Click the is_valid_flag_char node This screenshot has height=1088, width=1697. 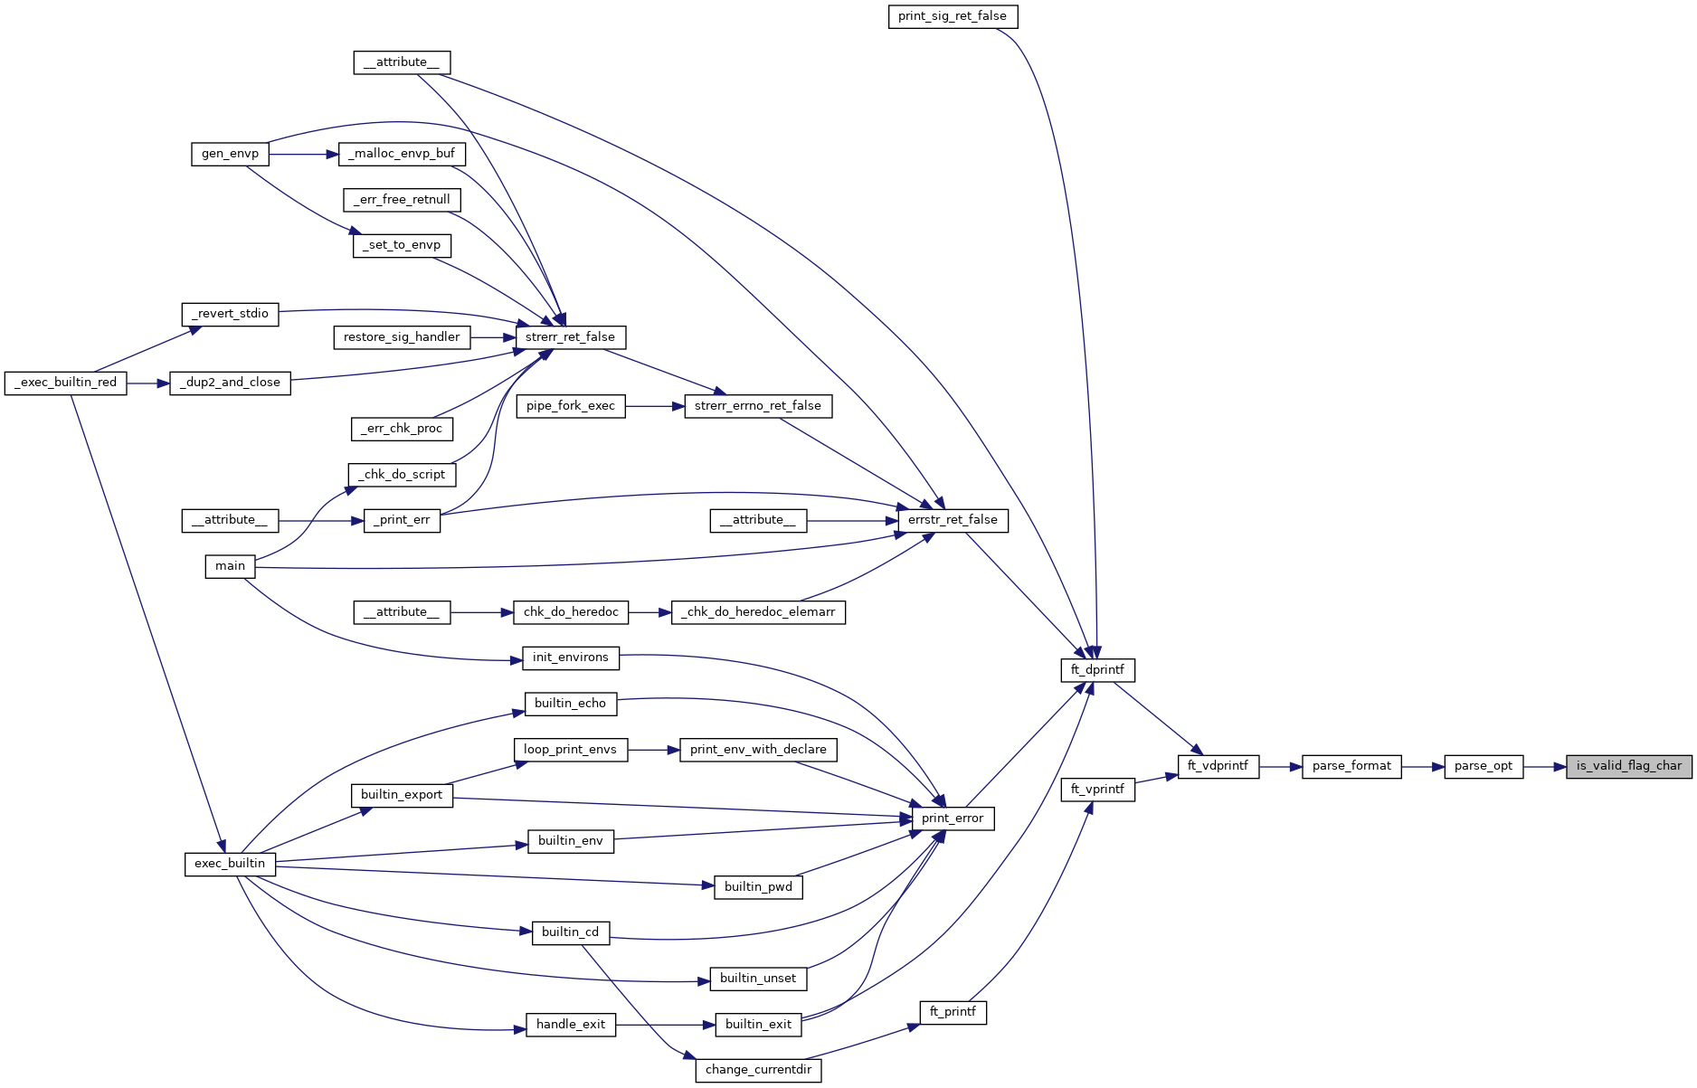[x=1628, y=766]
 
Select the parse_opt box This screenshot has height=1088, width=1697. [x=1483, y=766]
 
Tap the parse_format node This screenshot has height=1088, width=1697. [x=1351, y=766]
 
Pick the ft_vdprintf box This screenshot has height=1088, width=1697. [x=1218, y=766]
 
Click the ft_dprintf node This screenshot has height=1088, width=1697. [x=1097, y=670]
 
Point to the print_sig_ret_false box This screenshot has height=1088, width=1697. [x=953, y=16]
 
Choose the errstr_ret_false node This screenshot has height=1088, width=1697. [x=953, y=520]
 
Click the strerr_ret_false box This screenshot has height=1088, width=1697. [x=570, y=337]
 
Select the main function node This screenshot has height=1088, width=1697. [x=230, y=566]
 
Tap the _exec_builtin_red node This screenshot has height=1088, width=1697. [x=66, y=383]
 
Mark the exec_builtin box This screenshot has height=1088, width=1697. [x=230, y=864]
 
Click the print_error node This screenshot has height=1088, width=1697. [x=953, y=818]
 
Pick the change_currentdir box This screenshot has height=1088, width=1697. [x=758, y=1070]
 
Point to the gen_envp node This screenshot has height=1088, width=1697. [x=230, y=154]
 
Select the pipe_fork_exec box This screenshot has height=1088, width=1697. [x=570, y=406]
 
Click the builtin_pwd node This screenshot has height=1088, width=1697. [x=758, y=887]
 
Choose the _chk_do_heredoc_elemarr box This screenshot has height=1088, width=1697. [x=758, y=612]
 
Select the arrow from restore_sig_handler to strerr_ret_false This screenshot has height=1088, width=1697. [x=493, y=337]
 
